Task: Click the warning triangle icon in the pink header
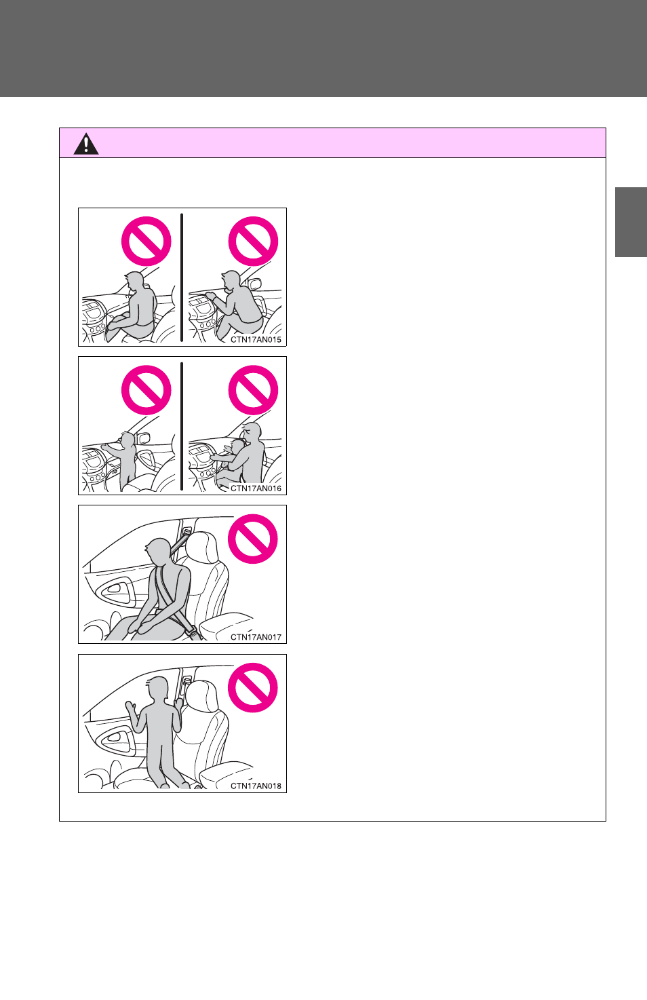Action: [86, 144]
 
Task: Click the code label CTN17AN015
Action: [256, 340]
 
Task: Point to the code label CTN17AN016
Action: [256, 488]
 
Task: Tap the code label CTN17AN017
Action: [256, 637]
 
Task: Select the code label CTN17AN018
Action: [256, 786]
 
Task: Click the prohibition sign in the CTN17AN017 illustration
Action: [252, 539]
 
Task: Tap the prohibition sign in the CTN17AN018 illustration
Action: [252, 687]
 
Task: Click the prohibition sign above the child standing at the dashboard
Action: [146, 390]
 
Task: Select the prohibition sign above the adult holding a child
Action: [253, 390]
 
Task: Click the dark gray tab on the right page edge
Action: [631, 222]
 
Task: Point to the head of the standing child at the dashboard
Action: [128, 440]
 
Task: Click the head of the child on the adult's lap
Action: [237, 447]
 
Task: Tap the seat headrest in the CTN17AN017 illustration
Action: [203, 547]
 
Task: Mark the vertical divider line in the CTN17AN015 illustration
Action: [182, 277]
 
